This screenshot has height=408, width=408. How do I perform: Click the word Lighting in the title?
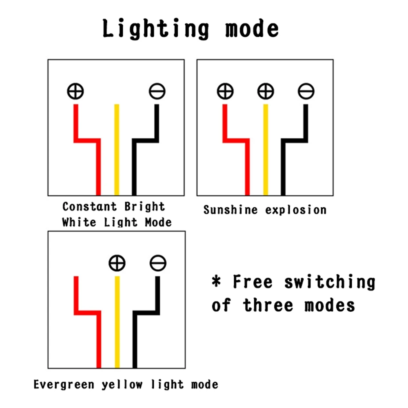click(155, 29)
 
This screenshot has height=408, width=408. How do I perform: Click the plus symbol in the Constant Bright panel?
click(75, 91)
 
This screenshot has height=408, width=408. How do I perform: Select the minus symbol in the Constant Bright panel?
click(157, 91)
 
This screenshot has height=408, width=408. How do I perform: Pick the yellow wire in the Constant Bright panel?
click(117, 150)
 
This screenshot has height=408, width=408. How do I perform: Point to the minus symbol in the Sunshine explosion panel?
click(306, 91)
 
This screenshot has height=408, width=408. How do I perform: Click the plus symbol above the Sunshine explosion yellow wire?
click(266, 91)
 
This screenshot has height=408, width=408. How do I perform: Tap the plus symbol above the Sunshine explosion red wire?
click(225, 91)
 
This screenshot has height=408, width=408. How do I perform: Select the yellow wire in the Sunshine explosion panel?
click(266, 150)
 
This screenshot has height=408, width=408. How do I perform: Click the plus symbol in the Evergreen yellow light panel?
click(117, 263)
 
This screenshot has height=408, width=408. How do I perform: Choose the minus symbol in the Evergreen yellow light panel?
click(158, 263)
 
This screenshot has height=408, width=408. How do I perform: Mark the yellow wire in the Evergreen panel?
click(118, 322)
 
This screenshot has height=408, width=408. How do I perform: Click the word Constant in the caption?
click(89, 206)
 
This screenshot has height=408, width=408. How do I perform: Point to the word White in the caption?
click(79, 222)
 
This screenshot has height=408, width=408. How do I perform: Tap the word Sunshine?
click(231, 210)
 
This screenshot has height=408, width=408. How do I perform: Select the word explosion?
click(296, 210)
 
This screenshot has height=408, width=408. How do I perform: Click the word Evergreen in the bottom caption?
click(64, 384)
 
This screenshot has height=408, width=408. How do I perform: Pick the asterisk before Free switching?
click(216, 281)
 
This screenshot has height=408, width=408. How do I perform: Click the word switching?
click(330, 282)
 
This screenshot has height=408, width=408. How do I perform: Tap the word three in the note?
click(268, 305)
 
